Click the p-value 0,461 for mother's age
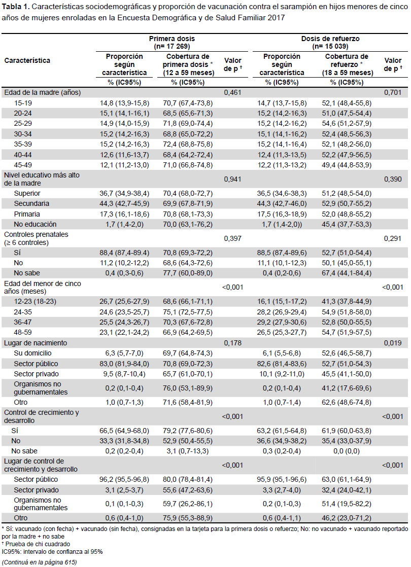pyautogui.click(x=232, y=93)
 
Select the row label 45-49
pyautogui.click(x=23, y=165)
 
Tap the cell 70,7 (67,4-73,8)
pyautogui.click(x=188, y=103)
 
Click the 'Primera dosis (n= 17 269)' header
pyautogui.click(x=172, y=42)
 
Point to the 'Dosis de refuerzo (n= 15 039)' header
pyautogui.click(x=330, y=42)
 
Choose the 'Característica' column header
pyautogui.click(x=27, y=60)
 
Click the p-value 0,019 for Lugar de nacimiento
pyautogui.click(x=393, y=343)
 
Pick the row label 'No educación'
pyautogui.click(x=35, y=224)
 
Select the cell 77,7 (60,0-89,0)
pyautogui.click(x=188, y=273)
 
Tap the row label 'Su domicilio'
pyautogui.click(x=32, y=353)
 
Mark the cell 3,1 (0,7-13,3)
pyautogui.click(x=188, y=451)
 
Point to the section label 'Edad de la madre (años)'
pyautogui.click(x=42, y=93)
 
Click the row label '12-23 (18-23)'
pyautogui.click(x=35, y=301)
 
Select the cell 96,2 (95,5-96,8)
pyautogui.click(x=124, y=479)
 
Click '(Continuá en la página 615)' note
pyautogui.click(x=39, y=562)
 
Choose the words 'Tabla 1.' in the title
pyautogui.click(x=16, y=7)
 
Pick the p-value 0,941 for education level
pyautogui.click(x=232, y=179)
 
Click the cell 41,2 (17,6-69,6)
pyautogui.click(x=347, y=388)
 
